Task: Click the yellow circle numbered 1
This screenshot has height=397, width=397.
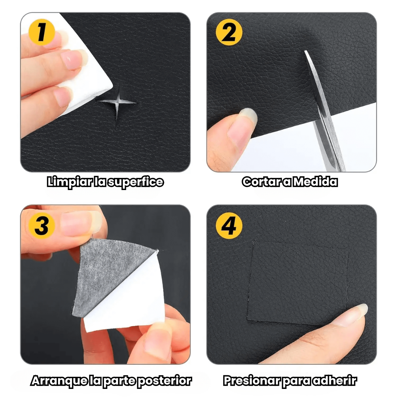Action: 42,32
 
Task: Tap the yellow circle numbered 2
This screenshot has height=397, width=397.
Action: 229,32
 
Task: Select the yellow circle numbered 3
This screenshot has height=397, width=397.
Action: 42,225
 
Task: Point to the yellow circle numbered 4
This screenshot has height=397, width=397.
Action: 229,225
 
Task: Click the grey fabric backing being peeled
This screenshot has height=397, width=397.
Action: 106,273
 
